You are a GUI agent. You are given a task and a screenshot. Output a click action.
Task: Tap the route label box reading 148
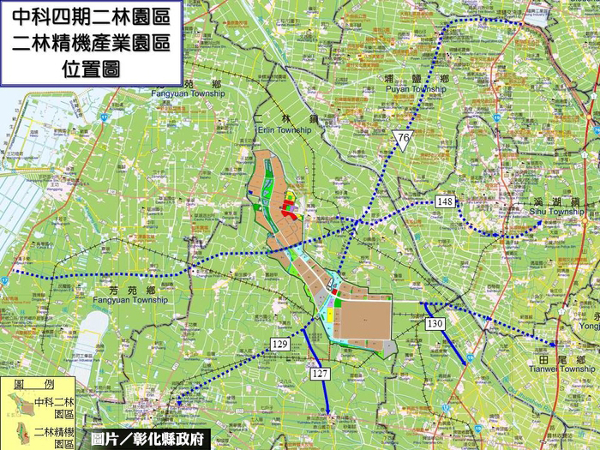[x=444, y=201]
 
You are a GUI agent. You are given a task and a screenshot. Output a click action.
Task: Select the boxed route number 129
[x=279, y=344]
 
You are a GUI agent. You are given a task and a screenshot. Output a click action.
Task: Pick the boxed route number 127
[x=321, y=374]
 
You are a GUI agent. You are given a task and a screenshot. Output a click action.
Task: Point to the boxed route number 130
[x=435, y=323]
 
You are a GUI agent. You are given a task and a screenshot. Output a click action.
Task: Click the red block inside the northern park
[x=289, y=207]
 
